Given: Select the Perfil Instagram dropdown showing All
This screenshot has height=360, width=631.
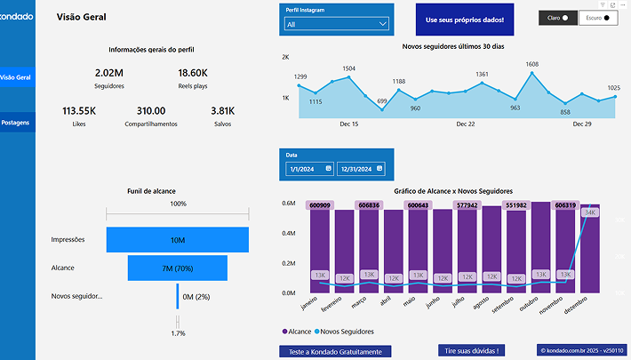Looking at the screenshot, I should tap(337, 24).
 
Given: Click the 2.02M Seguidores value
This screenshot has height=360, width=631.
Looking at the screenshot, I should tap(108, 73).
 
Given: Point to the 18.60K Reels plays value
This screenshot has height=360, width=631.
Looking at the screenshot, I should tap(193, 73).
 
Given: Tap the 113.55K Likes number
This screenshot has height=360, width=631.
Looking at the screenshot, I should tap(79, 111).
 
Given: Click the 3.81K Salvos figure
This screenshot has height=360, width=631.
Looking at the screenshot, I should tap(222, 111).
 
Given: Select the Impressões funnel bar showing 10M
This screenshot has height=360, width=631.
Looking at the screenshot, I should tap(178, 240).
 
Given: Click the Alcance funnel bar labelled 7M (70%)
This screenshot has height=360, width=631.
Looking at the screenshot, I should tap(178, 268).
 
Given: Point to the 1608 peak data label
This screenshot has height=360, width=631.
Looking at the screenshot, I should tap(531, 64).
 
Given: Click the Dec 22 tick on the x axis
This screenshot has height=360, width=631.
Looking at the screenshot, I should tap(466, 124).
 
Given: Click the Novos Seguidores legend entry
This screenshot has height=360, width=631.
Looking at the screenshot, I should tap(344, 332).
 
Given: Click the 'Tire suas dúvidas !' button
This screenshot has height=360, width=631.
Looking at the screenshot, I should tap(472, 351).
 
